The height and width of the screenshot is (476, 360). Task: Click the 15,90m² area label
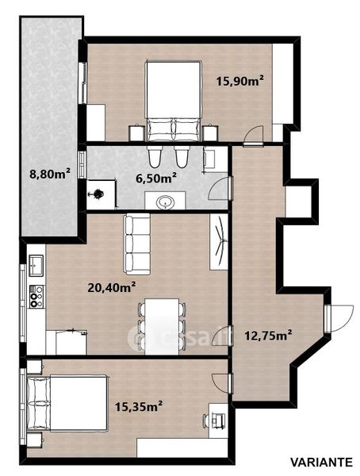(239, 82)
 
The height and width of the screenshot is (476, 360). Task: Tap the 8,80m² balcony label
(51, 174)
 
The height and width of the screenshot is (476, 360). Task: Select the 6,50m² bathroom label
(157, 178)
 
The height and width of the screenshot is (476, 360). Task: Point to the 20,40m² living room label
(112, 287)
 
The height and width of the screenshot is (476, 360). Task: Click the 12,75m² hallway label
(268, 336)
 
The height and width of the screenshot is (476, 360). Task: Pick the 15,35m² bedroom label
(139, 406)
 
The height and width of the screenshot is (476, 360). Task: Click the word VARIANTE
(322, 463)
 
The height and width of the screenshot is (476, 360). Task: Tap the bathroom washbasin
(165, 202)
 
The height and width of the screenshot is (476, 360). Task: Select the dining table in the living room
(162, 326)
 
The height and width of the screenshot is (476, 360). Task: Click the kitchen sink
(36, 265)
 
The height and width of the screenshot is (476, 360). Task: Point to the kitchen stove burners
(36, 296)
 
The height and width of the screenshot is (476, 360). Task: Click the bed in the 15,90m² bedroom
(174, 101)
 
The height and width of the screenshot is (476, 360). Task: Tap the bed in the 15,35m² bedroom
(67, 403)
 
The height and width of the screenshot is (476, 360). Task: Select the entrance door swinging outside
(342, 318)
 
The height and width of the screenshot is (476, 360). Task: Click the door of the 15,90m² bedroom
(254, 135)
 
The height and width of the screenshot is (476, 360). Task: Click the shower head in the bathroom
(98, 194)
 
